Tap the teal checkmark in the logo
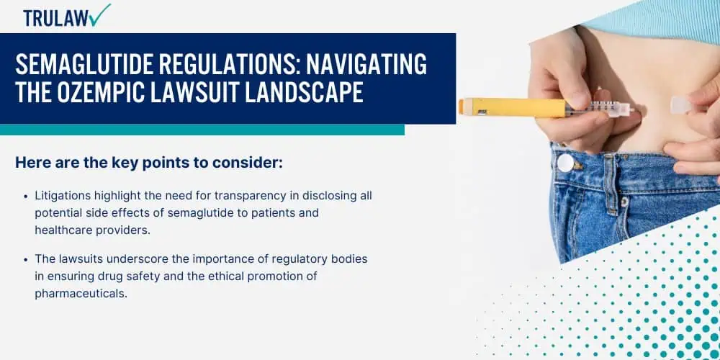point(101,14)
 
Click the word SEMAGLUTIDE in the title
point(84,64)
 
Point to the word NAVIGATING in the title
point(366,64)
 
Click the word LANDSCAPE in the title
point(304,92)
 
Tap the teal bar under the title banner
point(202,130)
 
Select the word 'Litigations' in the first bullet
point(63,196)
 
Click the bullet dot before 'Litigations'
point(26,196)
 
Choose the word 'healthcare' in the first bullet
point(64,230)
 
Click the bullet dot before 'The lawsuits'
point(26,259)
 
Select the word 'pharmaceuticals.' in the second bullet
point(81,294)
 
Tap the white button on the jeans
point(565,163)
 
